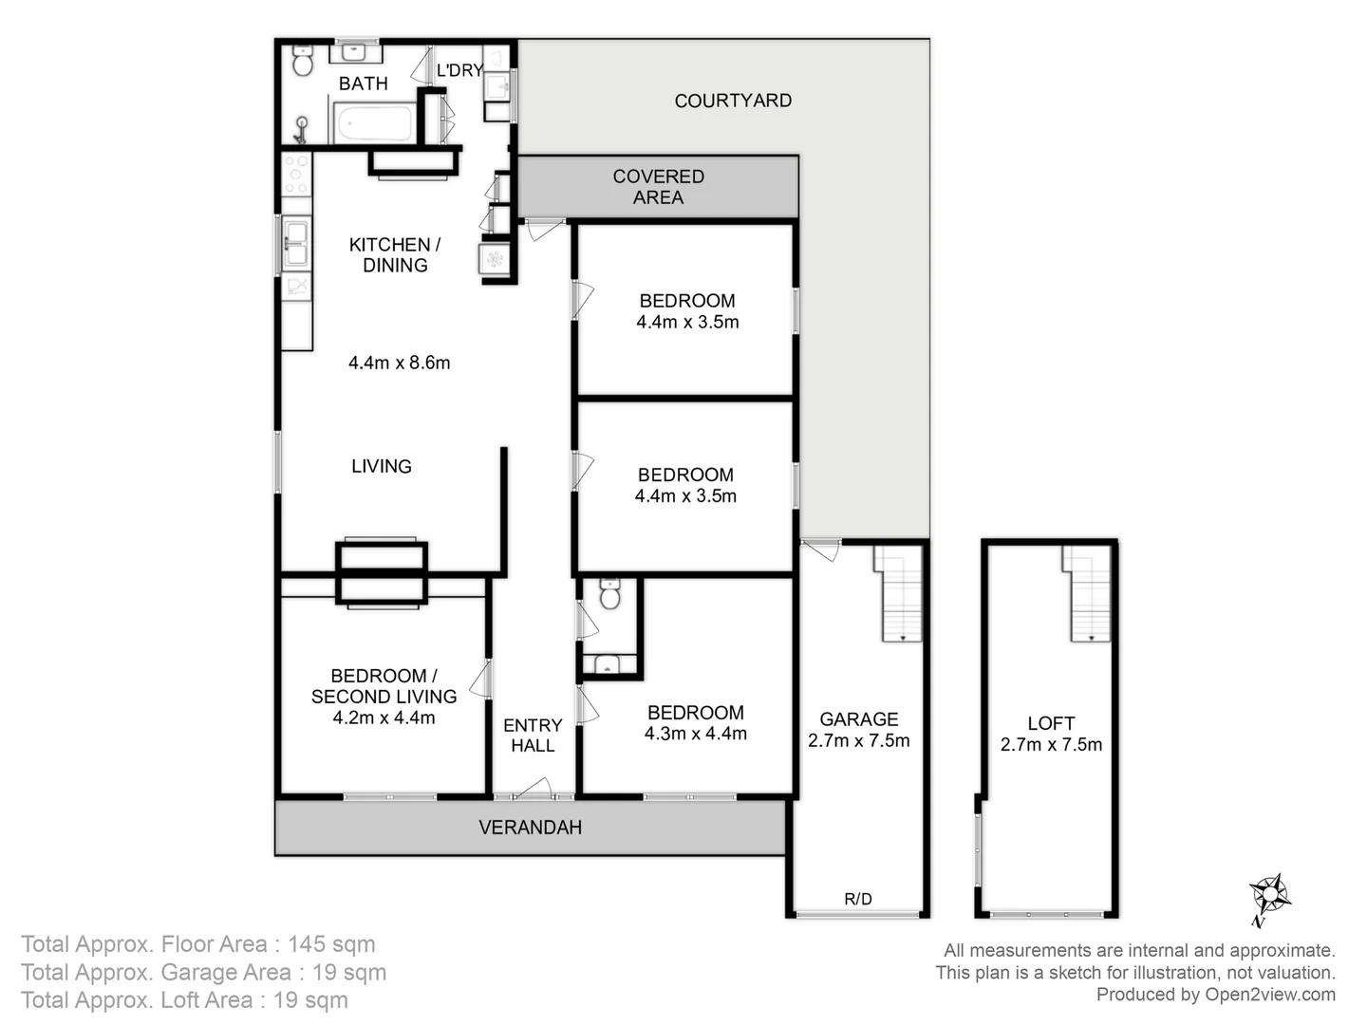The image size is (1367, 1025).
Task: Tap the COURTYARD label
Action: tap(733, 101)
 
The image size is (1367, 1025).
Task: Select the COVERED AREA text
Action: tap(658, 187)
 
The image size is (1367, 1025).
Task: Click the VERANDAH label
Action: tap(530, 827)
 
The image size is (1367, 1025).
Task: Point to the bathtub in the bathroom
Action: tap(373, 122)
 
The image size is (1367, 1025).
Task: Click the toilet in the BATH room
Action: tap(303, 61)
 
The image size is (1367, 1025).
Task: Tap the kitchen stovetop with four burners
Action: tap(296, 175)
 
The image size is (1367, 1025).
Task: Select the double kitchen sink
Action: tap(296, 243)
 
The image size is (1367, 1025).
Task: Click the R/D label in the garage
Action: tap(857, 899)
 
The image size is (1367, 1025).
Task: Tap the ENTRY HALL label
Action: tap(533, 735)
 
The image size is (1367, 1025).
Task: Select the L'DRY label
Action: tap(459, 70)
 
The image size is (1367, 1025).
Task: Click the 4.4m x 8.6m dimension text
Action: tap(400, 363)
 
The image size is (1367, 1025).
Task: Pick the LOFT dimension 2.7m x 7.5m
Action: tap(1051, 744)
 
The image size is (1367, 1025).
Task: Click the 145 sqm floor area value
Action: tap(331, 944)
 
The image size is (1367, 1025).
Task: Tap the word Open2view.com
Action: tap(1270, 995)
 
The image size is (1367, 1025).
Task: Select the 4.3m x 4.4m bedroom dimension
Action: tap(696, 733)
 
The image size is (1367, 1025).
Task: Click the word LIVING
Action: tap(381, 466)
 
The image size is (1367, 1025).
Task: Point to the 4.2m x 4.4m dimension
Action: tap(384, 717)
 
